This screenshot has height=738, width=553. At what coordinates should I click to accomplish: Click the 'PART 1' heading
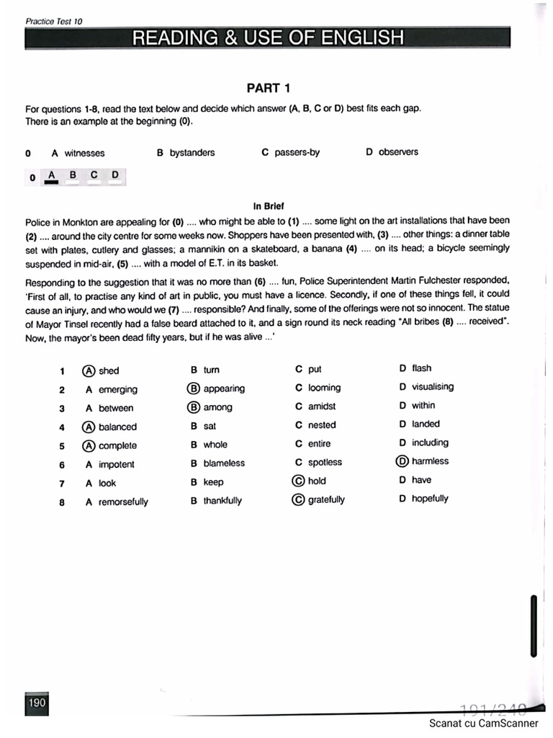tap(269, 89)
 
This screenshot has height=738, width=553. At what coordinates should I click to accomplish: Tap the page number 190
tap(37, 703)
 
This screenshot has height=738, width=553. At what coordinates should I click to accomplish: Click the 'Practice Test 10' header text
tap(54, 21)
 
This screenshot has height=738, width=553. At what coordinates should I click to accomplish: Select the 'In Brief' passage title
tap(269, 205)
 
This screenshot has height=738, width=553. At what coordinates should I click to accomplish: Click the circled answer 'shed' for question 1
tap(101, 370)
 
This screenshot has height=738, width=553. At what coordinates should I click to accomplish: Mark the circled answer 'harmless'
tap(423, 461)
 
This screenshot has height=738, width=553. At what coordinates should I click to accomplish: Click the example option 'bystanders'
tap(192, 153)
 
